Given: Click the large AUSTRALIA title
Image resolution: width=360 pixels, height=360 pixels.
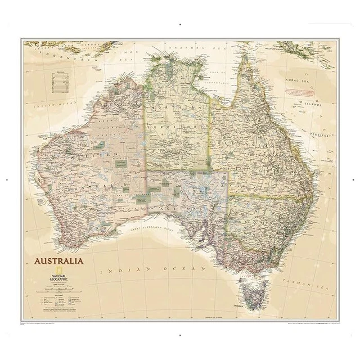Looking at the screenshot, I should (59, 261).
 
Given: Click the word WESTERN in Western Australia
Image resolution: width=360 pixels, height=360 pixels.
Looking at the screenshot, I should (98, 153).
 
